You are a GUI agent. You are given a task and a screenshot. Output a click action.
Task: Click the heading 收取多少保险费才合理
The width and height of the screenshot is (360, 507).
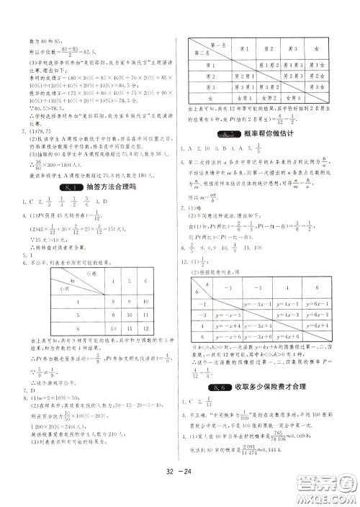(281, 385)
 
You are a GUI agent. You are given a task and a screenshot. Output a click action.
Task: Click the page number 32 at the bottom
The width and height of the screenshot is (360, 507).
(170, 474)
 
